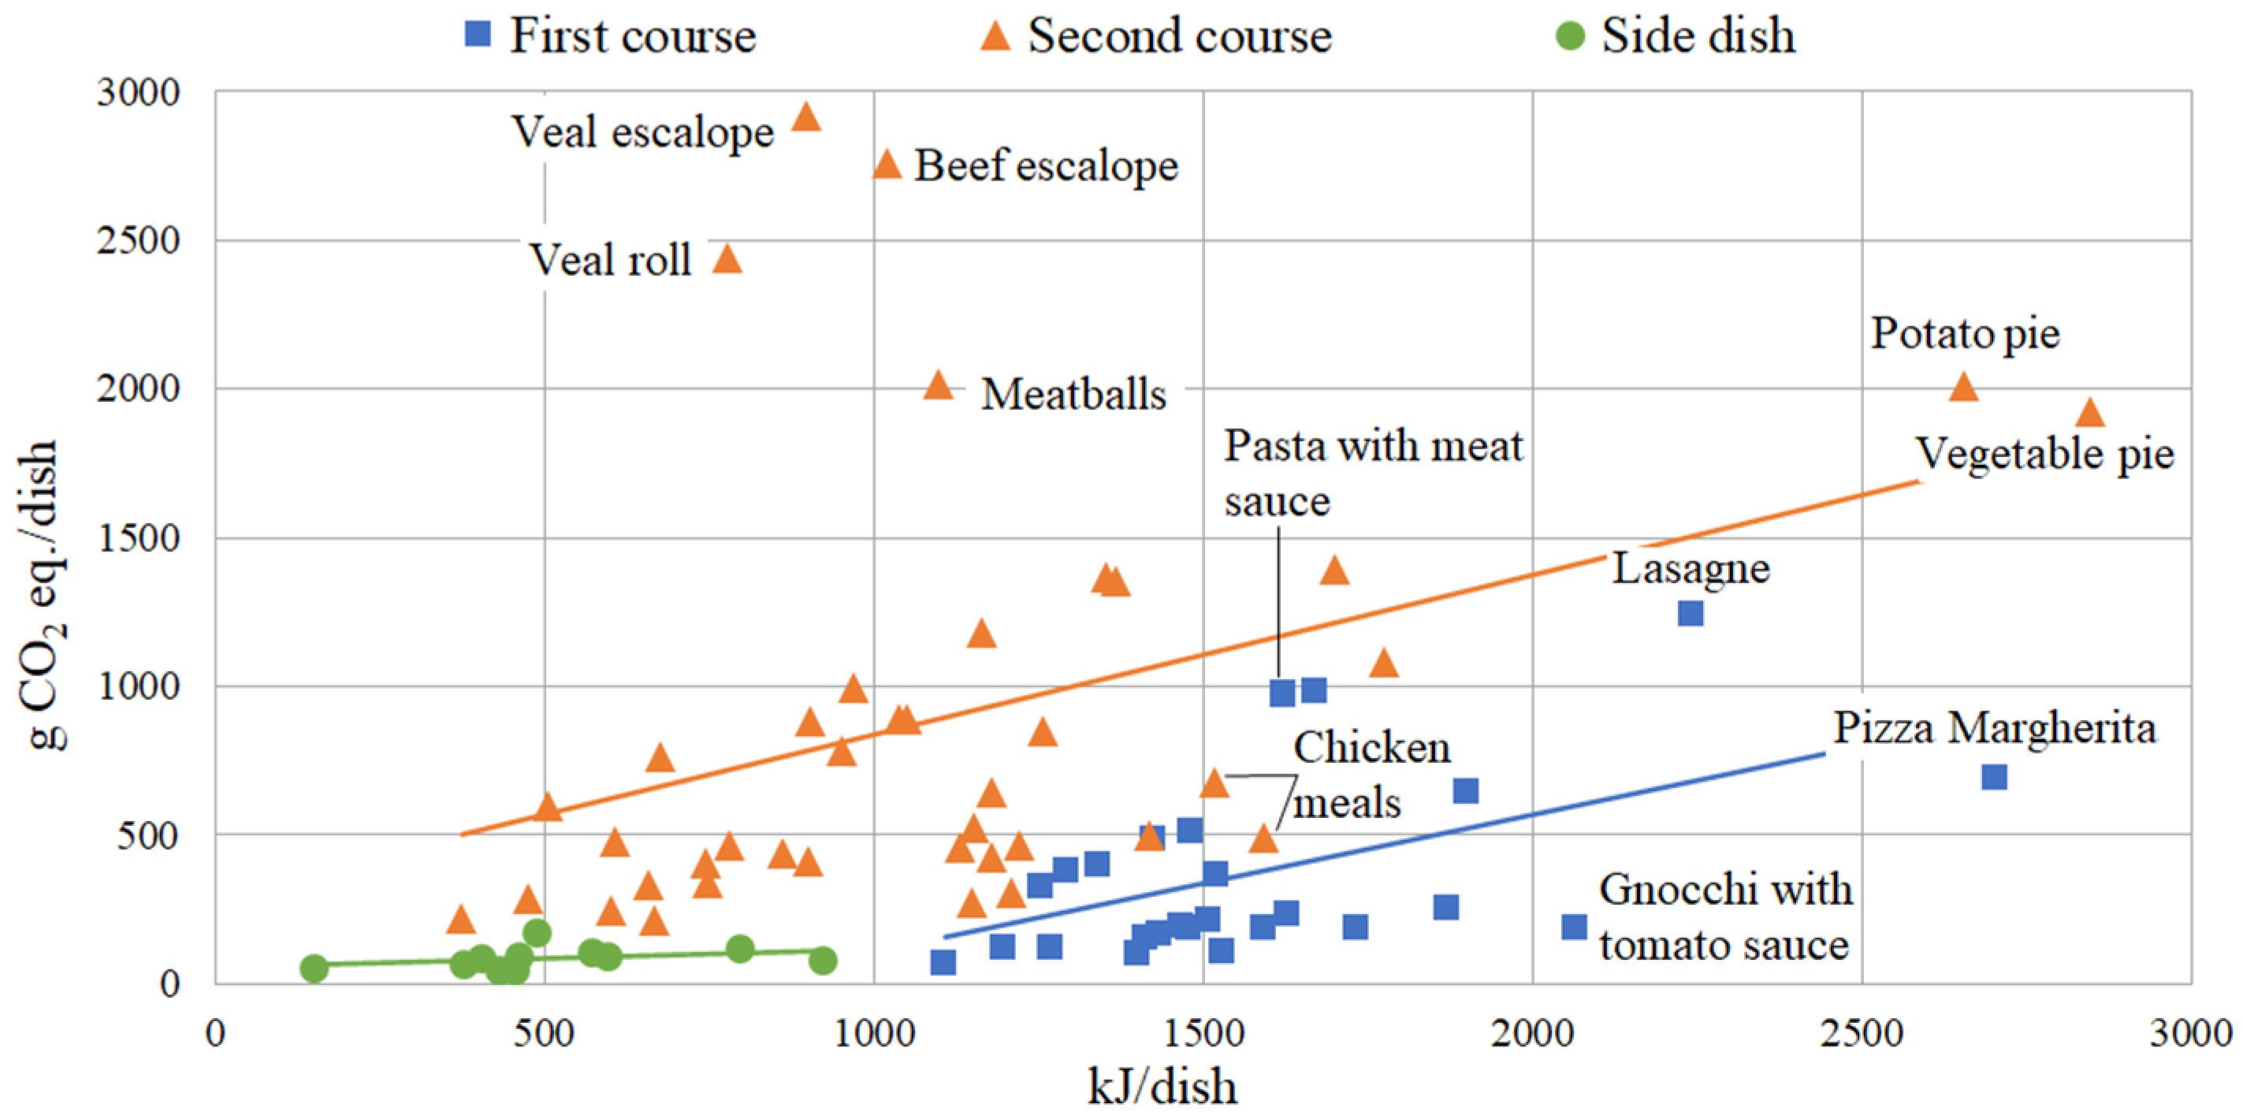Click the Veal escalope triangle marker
[806, 117]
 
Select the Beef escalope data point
[887, 164]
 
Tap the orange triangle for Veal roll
[727, 259]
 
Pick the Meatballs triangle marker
[938, 385]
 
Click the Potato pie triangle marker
[1963, 387]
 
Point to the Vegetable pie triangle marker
[2091, 414]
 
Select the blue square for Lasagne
[1690, 613]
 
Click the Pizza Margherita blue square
[1995, 777]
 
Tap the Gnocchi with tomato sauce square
[1573, 926]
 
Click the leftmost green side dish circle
[314, 968]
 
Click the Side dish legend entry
[1676, 35]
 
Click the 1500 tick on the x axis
[1203, 1034]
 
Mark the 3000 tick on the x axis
[2190, 1034]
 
